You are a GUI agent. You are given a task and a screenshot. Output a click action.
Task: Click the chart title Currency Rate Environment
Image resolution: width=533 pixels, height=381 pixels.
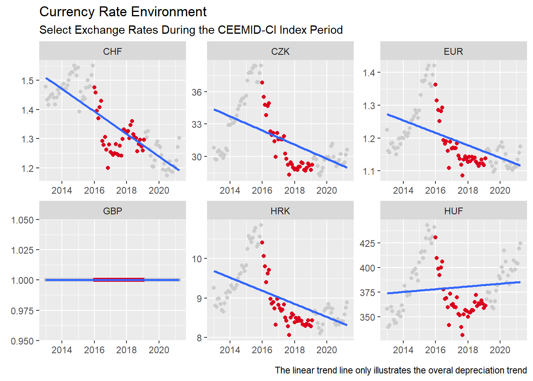[123, 12]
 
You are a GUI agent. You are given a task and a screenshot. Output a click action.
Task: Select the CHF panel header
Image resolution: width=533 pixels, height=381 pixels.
[112, 52]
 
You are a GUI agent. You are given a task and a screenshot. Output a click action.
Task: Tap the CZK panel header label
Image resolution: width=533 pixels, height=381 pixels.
[280, 52]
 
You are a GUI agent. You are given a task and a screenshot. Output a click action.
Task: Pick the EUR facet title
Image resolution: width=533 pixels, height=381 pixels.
[453, 52]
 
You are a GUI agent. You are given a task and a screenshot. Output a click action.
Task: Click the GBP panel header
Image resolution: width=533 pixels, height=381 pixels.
[112, 211]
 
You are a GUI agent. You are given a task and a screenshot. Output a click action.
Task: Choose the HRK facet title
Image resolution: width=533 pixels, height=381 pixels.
[280, 211]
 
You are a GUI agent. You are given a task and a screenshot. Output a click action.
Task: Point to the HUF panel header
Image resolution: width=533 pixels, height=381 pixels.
[453, 211]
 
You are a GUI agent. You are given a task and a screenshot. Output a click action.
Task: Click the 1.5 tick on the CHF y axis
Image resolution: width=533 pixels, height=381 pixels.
[27, 81]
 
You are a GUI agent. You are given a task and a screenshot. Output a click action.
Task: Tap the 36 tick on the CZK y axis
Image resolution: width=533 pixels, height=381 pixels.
[197, 92]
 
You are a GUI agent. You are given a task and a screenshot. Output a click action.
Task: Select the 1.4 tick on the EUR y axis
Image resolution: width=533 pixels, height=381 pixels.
[368, 73]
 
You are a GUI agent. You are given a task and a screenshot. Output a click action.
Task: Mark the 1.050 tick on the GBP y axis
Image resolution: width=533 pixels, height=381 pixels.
[22, 220]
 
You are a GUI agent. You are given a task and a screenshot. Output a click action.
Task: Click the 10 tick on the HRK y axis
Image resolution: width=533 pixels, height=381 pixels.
[197, 259]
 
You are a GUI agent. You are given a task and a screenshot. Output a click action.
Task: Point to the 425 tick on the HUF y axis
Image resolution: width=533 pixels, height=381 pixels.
[367, 243]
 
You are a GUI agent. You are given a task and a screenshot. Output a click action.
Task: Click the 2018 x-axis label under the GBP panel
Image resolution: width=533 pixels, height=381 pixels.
[126, 350]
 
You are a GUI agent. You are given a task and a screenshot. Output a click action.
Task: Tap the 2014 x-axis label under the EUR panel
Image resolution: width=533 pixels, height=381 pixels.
[403, 190]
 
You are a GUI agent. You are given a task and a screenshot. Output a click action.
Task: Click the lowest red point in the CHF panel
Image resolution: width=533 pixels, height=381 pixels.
[108, 168]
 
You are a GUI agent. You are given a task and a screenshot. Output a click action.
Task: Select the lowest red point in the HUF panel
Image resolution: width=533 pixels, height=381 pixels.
[462, 335]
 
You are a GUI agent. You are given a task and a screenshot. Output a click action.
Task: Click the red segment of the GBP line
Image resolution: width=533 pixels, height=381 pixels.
[119, 279]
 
